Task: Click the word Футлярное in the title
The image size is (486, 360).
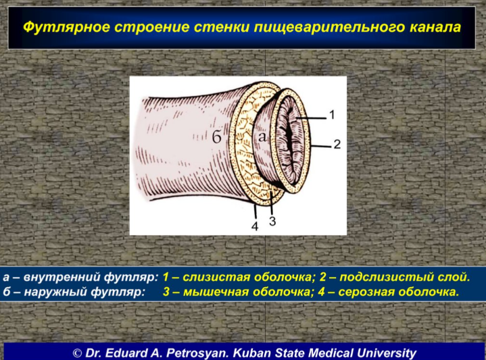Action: (67, 27)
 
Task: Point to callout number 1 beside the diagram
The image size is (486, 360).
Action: (332, 115)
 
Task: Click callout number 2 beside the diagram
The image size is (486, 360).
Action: (337, 145)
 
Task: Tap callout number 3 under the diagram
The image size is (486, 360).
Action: (272, 222)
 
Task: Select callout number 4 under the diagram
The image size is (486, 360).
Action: (255, 226)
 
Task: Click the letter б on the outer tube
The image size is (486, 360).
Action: (217, 136)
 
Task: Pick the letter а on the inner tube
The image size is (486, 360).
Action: (262, 136)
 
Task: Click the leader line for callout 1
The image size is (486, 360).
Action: (311, 118)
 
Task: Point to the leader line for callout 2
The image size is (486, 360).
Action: (321, 147)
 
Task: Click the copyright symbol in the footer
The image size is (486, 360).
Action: (77, 353)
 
